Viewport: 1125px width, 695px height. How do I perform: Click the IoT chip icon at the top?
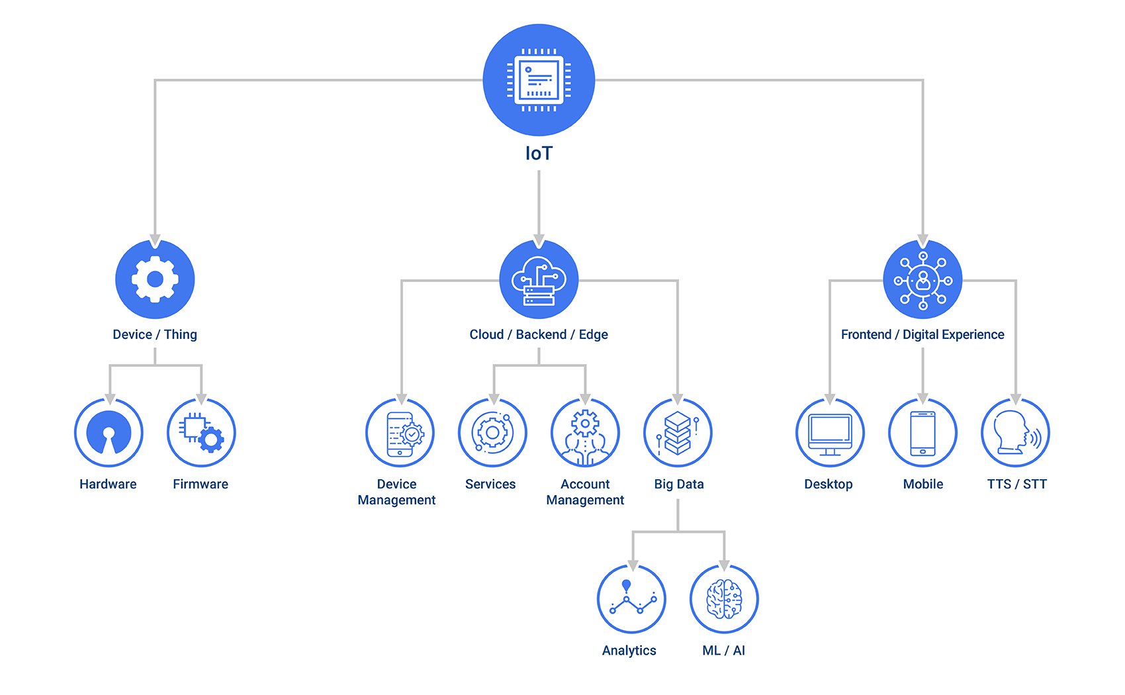539,80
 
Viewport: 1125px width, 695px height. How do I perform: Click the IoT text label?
539,154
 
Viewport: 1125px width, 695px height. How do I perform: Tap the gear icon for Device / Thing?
155,279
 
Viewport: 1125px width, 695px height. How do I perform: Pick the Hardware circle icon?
109,433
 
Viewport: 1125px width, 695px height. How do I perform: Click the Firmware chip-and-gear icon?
201,433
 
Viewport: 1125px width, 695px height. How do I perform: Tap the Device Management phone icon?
400,433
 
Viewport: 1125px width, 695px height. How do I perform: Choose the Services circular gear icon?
492,433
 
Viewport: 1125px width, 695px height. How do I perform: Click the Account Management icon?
585,433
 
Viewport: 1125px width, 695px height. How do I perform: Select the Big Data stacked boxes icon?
678,433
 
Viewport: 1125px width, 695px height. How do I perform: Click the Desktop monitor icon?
830,433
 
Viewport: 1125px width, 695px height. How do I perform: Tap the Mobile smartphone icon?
922,433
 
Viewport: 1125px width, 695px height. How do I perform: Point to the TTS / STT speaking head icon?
1015,433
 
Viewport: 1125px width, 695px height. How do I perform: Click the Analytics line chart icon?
631,599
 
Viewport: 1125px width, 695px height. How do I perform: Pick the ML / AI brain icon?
724,599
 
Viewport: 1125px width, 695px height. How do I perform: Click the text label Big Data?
678,485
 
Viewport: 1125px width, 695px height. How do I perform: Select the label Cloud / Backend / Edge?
539,335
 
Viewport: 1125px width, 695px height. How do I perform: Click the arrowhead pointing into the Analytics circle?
633,565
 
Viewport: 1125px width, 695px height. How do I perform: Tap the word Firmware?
201,485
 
